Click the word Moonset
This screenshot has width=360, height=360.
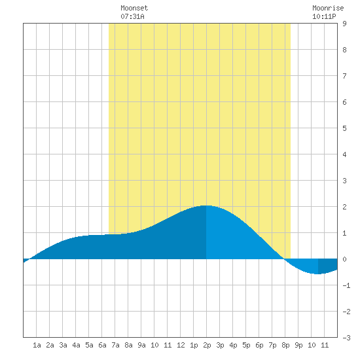134,8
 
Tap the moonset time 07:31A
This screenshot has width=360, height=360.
132,16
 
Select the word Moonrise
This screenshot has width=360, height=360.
328,8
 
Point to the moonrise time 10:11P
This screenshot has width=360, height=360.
324,16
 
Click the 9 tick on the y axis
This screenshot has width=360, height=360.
344,24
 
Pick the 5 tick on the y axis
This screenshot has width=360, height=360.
344,128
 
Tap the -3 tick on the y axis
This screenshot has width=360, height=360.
346,338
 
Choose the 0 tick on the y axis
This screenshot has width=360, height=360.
344,259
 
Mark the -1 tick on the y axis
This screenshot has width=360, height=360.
346,285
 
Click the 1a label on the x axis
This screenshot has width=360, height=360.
37,345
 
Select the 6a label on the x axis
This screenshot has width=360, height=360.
102,345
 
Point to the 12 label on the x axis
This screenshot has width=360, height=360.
181,345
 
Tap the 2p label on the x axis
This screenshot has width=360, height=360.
207,345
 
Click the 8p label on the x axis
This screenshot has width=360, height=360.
285,345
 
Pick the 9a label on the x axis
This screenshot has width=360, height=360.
141,345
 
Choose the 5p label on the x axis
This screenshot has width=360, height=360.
246,345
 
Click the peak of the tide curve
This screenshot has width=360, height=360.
206,206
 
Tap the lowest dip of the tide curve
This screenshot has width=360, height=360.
317,274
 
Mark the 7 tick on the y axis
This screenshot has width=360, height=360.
344,76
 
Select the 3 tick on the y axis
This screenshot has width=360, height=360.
344,181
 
